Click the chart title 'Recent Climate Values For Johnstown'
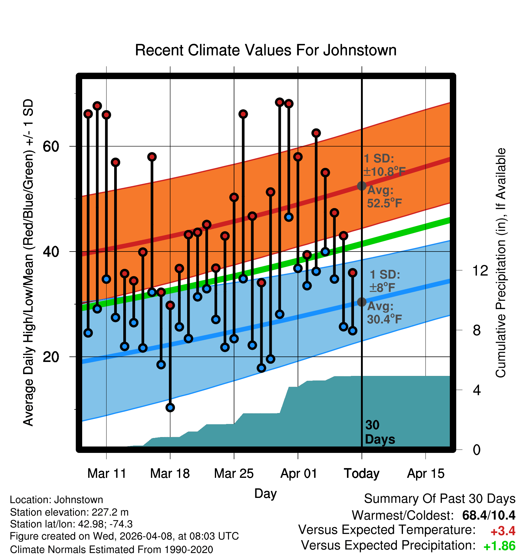click(x=266, y=50)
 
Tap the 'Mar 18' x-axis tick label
click(x=170, y=474)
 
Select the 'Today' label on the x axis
click(x=362, y=474)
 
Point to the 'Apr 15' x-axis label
click(x=426, y=474)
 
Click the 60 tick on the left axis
click(x=51, y=147)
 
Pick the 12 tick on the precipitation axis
click(x=480, y=270)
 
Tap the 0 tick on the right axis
click(x=477, y=450)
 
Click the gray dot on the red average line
click(x=362, y=186)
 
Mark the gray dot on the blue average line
click(x=362, y=302)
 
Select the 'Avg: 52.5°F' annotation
click(x=384, y=197)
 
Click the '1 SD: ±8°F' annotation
click(x=384, y=281)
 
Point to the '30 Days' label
click(x=380, y=432)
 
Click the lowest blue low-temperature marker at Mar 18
click(x=170, y=408)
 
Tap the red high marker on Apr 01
click(x=298, y=157)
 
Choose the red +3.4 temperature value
click(x=503, y=531)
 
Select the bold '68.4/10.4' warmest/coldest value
click(x=489, y=515)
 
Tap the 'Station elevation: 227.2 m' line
click(x=69, y=512)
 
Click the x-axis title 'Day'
click(x=265, y=493)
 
